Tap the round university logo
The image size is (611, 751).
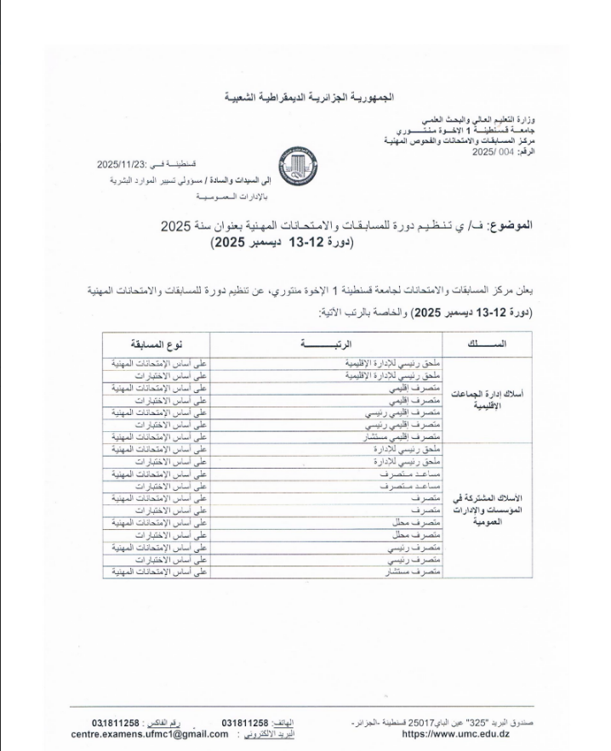[305, 162]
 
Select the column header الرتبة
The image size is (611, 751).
[327, 345]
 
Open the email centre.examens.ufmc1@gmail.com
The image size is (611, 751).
[151, 733]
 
